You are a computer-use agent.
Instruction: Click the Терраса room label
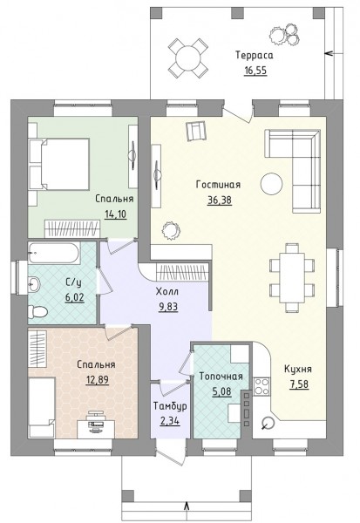coord(255,55)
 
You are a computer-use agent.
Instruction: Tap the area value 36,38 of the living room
coord(219,200)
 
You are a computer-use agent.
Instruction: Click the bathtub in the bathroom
coord(54,253)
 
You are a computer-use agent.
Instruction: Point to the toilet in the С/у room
coord(37,311)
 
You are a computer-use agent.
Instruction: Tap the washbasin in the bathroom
coord(34,284)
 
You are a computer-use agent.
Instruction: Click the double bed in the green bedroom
coord(59,165)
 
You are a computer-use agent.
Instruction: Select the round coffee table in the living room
coord(271,183)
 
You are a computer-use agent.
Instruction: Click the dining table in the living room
coord(293,277)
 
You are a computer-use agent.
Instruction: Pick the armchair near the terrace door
coord(197,131)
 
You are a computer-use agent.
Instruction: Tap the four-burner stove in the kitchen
coord(262,386)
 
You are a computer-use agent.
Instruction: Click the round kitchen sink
coord(267,423)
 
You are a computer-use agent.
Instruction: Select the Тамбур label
coord(170,406)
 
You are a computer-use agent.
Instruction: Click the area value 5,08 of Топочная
coord(221,391)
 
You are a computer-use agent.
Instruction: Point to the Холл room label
coord(167,291)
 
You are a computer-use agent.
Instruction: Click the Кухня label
coord(298,370)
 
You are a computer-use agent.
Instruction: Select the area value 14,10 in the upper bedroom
coord(115,214)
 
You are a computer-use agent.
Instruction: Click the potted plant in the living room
coord(171,230)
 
